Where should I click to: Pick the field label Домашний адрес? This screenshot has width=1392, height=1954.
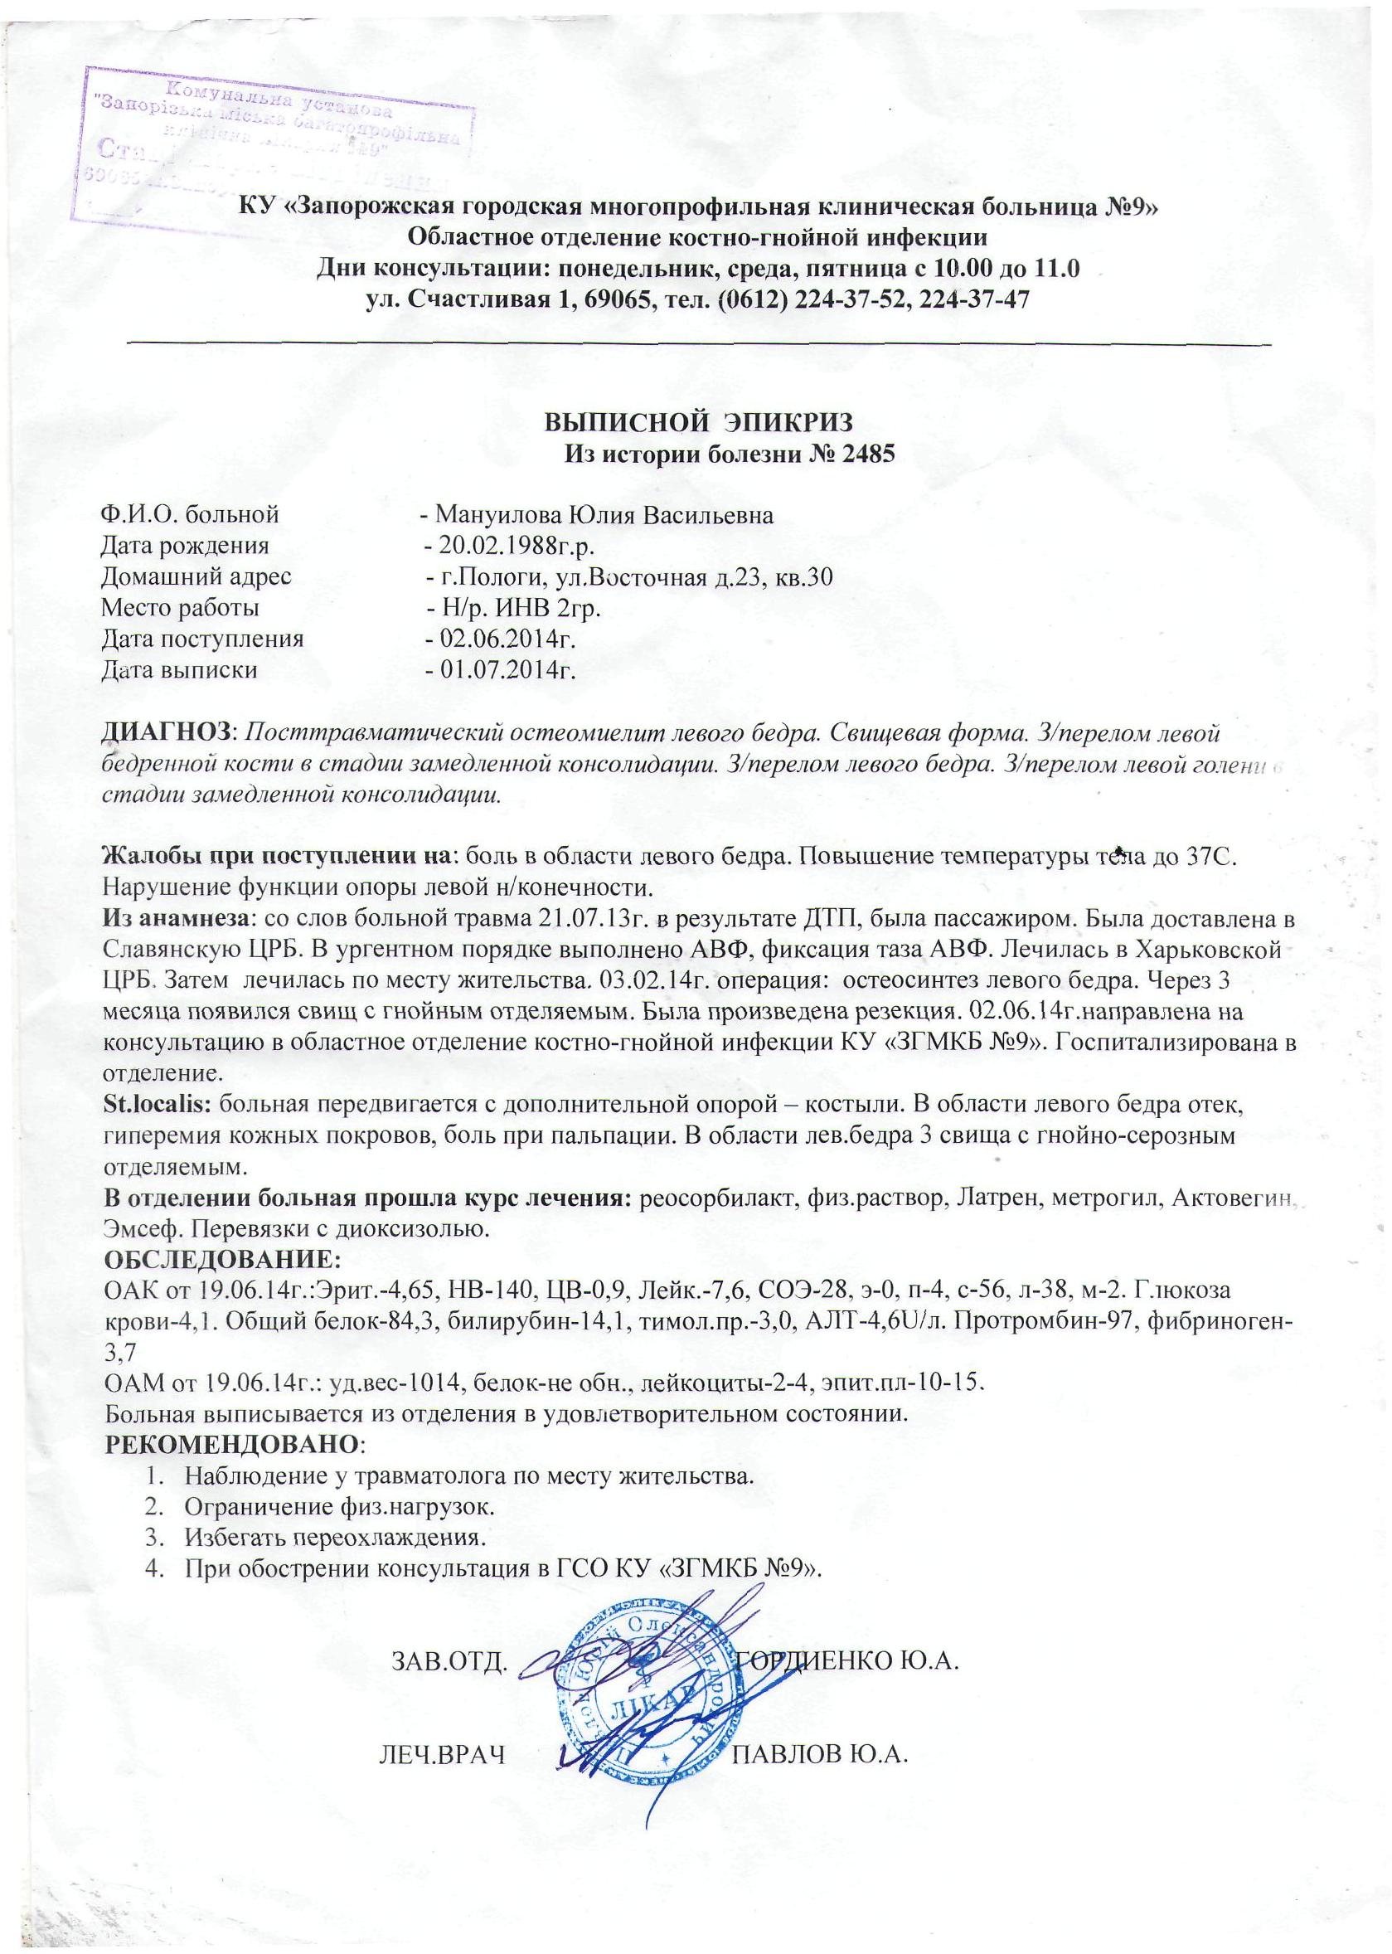pyautogui.click(x=196, y=577)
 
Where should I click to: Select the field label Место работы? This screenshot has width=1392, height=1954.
pyautogui.click(x=180, y=608)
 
